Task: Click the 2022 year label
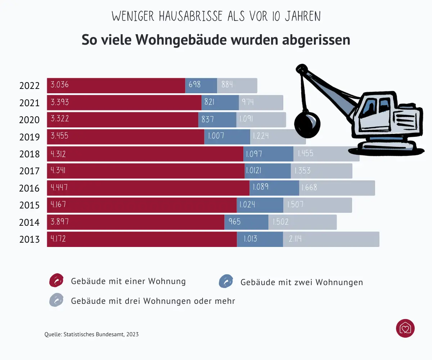[29, 86]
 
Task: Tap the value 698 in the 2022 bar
[195, 85]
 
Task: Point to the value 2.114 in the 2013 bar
[295, 239]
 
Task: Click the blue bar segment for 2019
[227, 137]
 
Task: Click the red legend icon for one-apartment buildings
[56, 280]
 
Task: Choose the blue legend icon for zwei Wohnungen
[226, 282]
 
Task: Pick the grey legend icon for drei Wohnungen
[56, 300]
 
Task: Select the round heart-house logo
[405, 328]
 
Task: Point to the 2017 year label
[29, 171]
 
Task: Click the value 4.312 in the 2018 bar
[59, 154]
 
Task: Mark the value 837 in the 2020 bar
[208, 119]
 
